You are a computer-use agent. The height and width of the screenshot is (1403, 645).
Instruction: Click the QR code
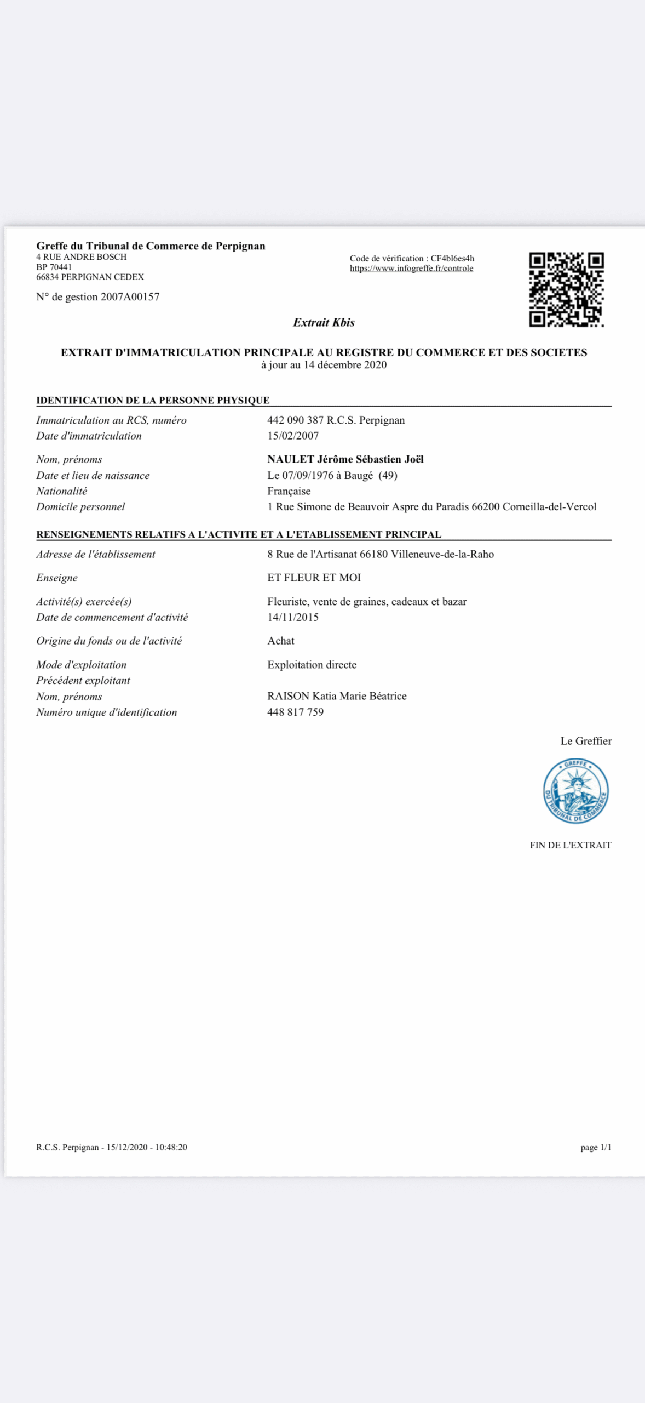click(x=566, y=289)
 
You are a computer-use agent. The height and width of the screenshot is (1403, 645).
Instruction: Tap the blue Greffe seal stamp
click(x=575, y=790)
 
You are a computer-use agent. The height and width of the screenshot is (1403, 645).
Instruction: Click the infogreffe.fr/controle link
click(x=411, y=269)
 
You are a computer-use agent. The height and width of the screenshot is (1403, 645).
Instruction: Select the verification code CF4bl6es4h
click(x=452, y=259)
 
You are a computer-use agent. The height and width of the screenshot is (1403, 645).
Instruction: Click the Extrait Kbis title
click(x=324, y=322)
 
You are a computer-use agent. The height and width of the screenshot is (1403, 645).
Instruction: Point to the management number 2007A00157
click(x=130, y=297)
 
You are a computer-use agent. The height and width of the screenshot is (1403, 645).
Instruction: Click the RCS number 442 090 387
click(x=295, y=420)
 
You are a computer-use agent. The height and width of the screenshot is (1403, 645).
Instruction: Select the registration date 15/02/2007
click(x=293, y=436)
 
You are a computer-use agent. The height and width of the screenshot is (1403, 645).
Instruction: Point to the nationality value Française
click(x=289, y=492)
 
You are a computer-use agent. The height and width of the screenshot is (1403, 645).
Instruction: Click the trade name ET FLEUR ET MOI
click(x=314, y=578)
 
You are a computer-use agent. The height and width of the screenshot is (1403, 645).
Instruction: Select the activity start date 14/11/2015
click(x=293, y=618)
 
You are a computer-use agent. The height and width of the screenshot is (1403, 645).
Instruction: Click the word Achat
click(x=281, y=641)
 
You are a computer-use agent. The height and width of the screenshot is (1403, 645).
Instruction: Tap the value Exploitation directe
click(x=312, y=665)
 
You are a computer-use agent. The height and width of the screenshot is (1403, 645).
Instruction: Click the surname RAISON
click(x=288, y=697)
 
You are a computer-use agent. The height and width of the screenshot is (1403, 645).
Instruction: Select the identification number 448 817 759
click(x=295, y=712)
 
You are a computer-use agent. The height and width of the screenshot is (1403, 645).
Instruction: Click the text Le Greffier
click(x=585, y=742)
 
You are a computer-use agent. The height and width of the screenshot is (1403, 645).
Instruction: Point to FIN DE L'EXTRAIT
click(x=570, y=846)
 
